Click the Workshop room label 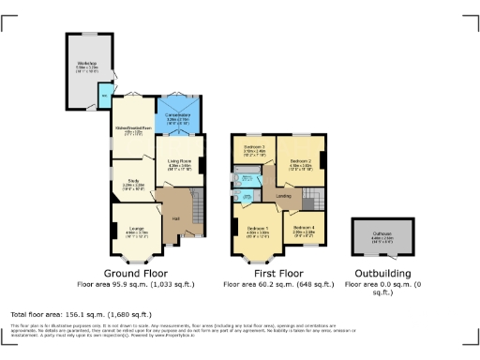pyautogui.click(x=87, y=65)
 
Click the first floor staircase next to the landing pyautogui.click(x=312, y=199)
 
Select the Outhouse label pyautogui.click(x=382, y=237)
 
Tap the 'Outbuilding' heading pyautogui.click(x=382, y=272)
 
